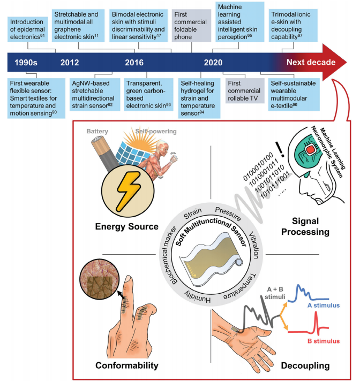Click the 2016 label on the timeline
(134, 63)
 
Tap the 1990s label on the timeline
(26, 63)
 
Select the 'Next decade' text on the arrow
(311, 63)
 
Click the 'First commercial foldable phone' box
(191, 26)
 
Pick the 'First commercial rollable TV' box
(245, 90)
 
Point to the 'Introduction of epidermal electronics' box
(27, 29)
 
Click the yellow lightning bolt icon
(129, 191)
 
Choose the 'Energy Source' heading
(126, 226)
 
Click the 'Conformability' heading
(127, 365)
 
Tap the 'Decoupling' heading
(305, 365)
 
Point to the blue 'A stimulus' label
(324, 305)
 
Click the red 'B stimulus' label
(324, 341)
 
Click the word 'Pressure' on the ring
(228, 213)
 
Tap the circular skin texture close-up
(99, 279)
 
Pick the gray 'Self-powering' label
(156, 131)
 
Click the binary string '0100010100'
(258, 166)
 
